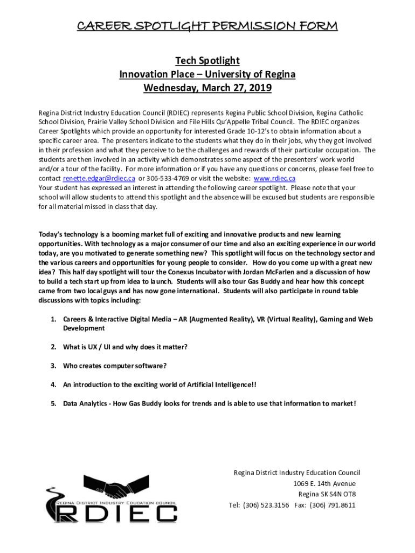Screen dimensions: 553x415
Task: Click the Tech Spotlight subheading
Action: tap(207, 60)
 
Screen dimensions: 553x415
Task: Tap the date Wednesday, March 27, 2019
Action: tap(207, 87)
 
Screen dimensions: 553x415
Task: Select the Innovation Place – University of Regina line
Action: tap(207, 74)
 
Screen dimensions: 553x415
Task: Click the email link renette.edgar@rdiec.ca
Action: tap(99, 178)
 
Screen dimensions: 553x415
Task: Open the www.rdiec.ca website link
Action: tap(274, 178)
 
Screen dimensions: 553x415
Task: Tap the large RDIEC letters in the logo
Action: tap(116, 514)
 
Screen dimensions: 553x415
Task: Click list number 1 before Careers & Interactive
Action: tap(54, 319)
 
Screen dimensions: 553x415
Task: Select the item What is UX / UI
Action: tap(125, 346)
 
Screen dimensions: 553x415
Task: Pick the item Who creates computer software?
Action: tap(115, 366)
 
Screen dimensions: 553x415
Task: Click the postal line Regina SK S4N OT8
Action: tap(327, 494)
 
